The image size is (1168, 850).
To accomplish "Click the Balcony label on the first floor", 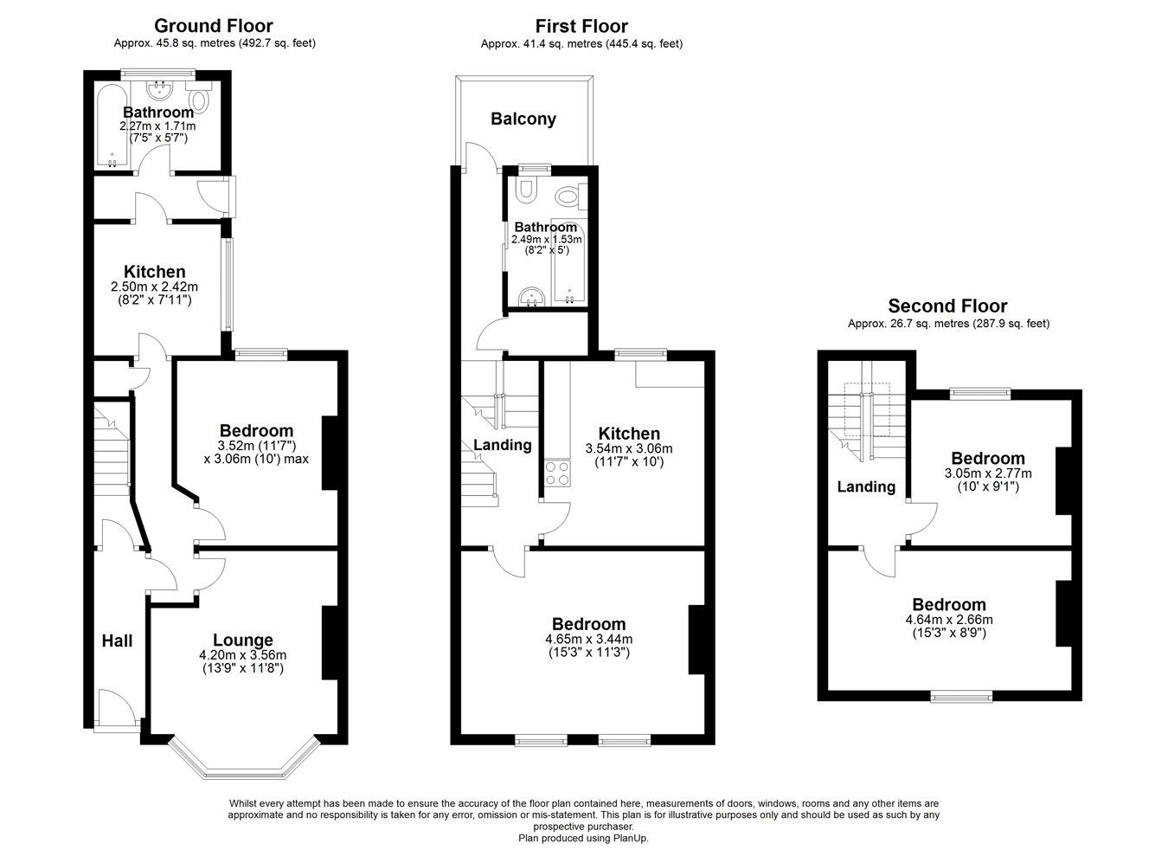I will pyautogui.click(x=523, y=119).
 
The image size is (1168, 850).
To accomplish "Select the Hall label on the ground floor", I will pyautogui.click(x=118, y=641).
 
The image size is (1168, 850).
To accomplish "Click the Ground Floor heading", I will pyautogui.click(x=213, y=26).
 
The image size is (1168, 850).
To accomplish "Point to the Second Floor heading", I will pyautogui.click(x=947, y=306).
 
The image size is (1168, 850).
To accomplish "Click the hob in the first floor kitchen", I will pyautogui.click(x=556, y=473).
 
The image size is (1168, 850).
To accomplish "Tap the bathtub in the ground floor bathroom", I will pyautogui.click(x=112, y=126).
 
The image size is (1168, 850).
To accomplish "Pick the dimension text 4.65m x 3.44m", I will pyautogui.click(x=588, y=640).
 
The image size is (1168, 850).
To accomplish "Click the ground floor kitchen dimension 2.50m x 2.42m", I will pyautogui.click(x=154, y=287).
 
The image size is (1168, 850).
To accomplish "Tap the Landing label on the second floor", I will pyautogui.click(x=866, y=486).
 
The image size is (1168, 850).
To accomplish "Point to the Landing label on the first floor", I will pyautogui.click(x=502, y=445).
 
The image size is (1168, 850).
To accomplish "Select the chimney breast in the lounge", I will pyautogui.click(x=330, y=642).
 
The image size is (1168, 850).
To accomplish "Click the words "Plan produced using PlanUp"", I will pyautogui.click(x=582, y=838).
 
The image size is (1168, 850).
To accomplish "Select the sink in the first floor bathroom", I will pyautogui.click(x=529, y=297).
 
